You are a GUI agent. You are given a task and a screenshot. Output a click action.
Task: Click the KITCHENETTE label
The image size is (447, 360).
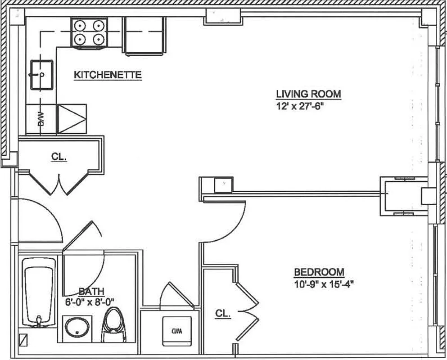tap(108, 75)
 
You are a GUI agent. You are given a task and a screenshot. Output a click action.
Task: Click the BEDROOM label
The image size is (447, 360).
tap(319, 272)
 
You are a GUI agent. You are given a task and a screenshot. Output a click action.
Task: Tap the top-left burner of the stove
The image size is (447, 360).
tap(80, 26)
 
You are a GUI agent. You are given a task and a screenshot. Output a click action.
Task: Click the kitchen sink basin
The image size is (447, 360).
tap(41, 75)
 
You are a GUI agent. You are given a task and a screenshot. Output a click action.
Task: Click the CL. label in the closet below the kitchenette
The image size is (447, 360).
tap(59, 158)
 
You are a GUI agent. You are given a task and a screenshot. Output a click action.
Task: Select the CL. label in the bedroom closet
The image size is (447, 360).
tap(223, 314)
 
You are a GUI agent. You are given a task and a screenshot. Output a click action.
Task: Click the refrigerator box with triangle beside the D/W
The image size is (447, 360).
tap(72, 119)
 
